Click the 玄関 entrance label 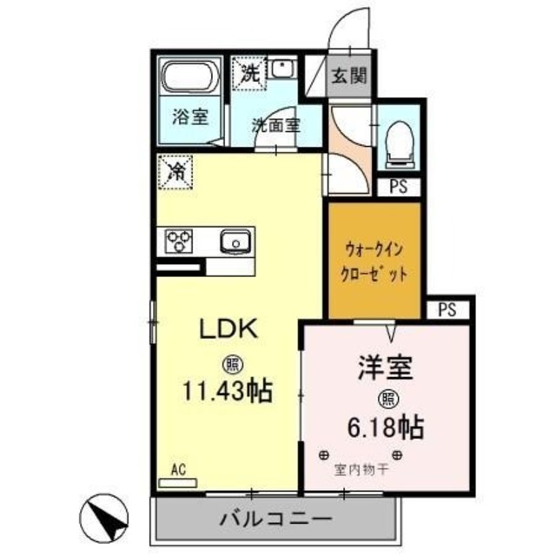347,75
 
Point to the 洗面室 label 275,124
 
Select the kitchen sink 234,241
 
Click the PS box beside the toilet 400,186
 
